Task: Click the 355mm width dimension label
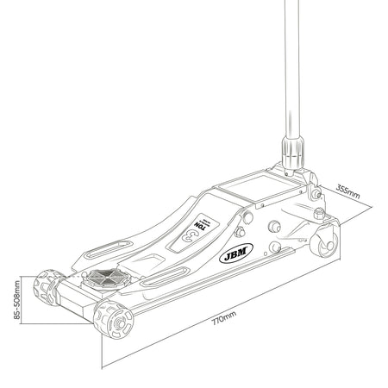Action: coord(347,191)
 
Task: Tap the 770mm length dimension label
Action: coord(224,317)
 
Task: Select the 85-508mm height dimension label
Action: coord(17,300)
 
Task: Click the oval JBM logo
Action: coord(236,253)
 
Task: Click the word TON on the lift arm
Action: coord(200,225)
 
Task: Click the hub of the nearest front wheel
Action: coord(119,323)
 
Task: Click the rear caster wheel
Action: coord(324,242)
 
